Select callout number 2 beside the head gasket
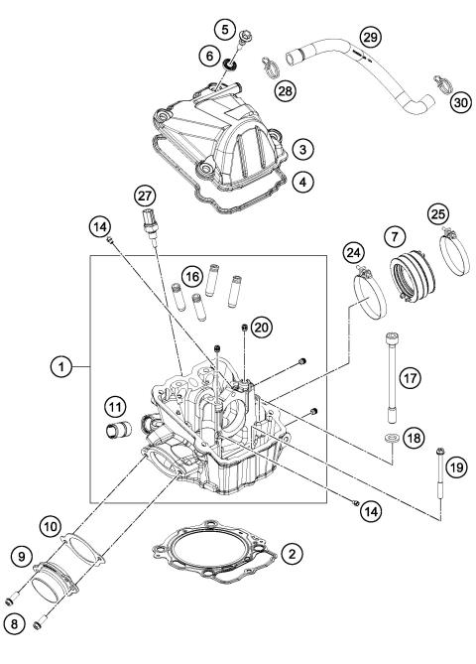(x=291, y=552)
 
